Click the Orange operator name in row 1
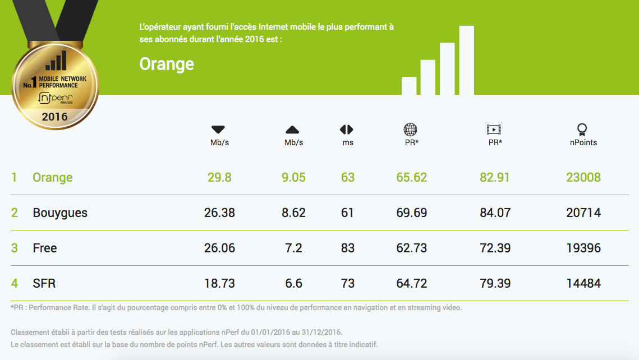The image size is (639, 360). [53, 178]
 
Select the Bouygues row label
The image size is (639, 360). [60, 213]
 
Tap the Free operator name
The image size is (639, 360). [45, 248]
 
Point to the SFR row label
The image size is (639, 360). [44, 284]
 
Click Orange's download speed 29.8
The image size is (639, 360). [219, 178]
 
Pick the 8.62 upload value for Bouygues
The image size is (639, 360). [293, 213]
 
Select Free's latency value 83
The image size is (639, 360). [348, 248]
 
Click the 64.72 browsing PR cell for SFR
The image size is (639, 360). [412, 284]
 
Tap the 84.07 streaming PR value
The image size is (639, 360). [495, 213]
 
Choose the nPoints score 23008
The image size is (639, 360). [583, 178]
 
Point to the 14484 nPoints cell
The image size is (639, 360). [583, 284]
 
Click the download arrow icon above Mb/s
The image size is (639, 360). [218, 130]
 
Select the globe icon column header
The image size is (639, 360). [411, 130]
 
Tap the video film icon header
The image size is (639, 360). [494, 130]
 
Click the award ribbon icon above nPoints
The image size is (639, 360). [582, 130]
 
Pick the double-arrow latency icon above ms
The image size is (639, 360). [347, 130]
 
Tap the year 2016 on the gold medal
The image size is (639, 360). [54, 117]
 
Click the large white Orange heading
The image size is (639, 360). [167, 64]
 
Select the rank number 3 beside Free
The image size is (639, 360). [15, 248]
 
